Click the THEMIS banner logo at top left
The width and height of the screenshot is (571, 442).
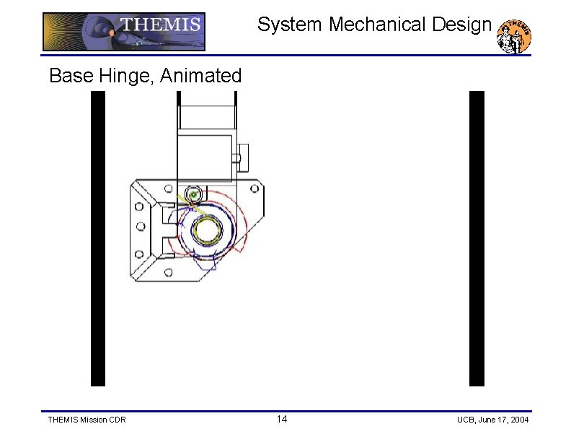pos(123,32)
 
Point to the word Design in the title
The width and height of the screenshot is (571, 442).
pos(462,25)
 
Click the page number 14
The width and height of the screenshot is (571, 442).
pos(282,420)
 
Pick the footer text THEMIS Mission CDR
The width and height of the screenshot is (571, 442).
pos(86,420)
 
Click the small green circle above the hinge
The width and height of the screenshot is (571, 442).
pos(193,195)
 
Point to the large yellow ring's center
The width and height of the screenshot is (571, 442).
pos(208,232)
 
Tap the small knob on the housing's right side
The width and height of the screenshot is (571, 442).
pos(243,155)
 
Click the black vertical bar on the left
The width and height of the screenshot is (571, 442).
pos(98,238)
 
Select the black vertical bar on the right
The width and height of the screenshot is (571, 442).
pos(477,238)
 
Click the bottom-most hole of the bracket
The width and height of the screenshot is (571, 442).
pos(168,272)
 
